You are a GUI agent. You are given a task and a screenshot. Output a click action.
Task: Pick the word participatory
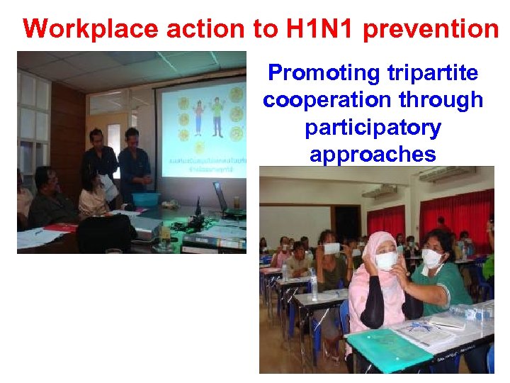click(373, 128)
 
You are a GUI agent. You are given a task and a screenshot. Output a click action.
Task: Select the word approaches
click(373, 154)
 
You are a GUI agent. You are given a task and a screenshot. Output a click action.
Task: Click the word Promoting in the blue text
click(324, 72)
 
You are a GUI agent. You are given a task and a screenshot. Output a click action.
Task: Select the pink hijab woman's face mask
click(386, 260)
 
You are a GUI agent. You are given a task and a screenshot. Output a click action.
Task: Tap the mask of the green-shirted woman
click(431, 258)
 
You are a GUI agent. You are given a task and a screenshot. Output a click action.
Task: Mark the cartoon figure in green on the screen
click(217, 116)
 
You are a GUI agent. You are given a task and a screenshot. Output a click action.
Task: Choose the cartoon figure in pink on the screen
click(199, 117)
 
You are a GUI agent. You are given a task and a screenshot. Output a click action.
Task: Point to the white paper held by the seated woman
click(108, 187)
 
